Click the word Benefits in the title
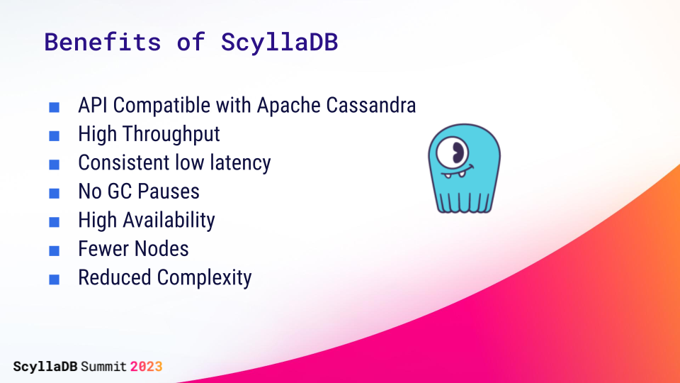pyautogui.click(x=102, y=42)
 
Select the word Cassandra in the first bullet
pyautogui.click(x=370, y=106)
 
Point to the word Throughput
pyautogui.click(x=171, y=135)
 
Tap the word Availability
pyautogui.click(x=169, y=221)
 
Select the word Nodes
pyautogui.click(x=161, y=249)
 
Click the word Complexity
pyautogui.click(x=204, y=278)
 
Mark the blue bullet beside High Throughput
pyautogui.click(x=55, y=136)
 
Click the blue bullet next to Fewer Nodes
pyautogui.click(x=55, y=250)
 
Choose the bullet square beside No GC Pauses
pyautogui.click(x=55, y=193)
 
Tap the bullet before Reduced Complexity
pyautogui.click(x=55, y=279)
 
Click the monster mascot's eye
pyautogui.click(x=453, y=152)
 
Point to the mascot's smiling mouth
pyautogui.click(x=458, y=172)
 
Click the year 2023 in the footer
pyautogui.click(x=146, y=367)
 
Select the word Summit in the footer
pyautogui.click(x=103, y=367)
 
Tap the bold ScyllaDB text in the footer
pyautogui.click(x=45, y=367)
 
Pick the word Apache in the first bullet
pyautogui.click(x=289, y=106)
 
